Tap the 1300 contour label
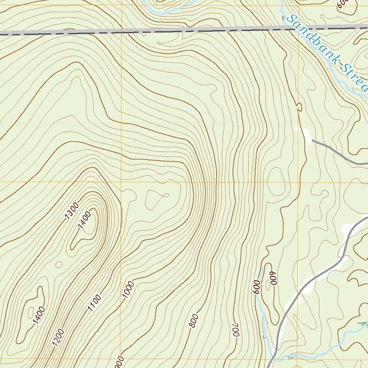tap(72, 211)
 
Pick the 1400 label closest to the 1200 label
tap(39, 315)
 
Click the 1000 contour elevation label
tap(128, 290)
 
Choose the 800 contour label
tap(193, 321)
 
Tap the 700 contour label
tap(235, 329)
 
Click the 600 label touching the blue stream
tap(257, 287)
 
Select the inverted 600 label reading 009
tap(274, 278)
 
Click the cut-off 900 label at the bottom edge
tap(120, 362)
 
